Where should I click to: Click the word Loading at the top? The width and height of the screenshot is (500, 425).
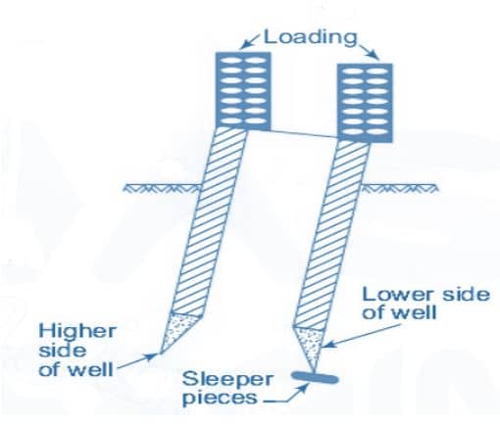point(310,37)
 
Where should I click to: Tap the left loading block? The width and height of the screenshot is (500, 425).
point(243,91)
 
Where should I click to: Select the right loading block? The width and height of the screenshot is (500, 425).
point(365,103)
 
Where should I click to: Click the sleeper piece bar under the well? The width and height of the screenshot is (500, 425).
point(315,378)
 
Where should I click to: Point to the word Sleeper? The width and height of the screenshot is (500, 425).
point(227,380)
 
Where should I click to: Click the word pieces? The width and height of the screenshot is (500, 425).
point(220,399)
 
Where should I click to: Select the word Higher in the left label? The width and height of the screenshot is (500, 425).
point(77,331)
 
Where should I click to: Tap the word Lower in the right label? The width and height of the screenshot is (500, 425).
point(399,295)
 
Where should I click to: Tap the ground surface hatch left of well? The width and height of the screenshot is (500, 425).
point(162,188)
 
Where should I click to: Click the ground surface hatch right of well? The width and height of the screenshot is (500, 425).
point(399,188)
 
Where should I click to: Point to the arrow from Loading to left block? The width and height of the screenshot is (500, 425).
point(250,42)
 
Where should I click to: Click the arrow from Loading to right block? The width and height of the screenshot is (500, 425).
point(368,50)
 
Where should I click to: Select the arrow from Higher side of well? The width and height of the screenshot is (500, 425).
point(137,361)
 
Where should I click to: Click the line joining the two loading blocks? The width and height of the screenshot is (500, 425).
point(304,134)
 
